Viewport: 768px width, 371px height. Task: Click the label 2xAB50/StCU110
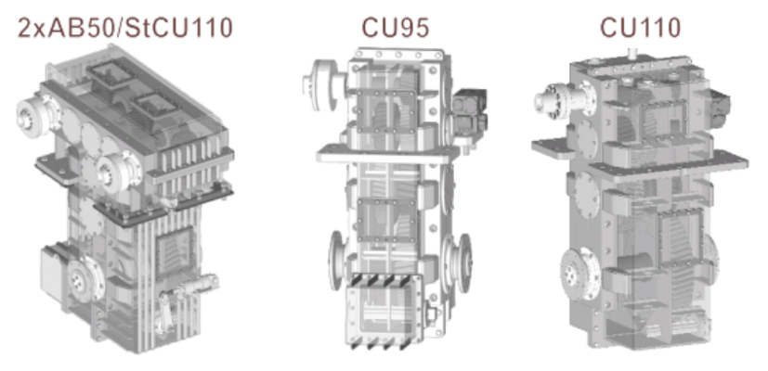(x=124, y=28)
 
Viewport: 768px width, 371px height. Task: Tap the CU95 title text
(x=396, y=28)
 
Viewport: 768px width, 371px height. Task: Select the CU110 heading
(x=641, y=28)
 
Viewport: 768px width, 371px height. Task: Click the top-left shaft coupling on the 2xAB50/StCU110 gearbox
(x=33, y=116)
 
